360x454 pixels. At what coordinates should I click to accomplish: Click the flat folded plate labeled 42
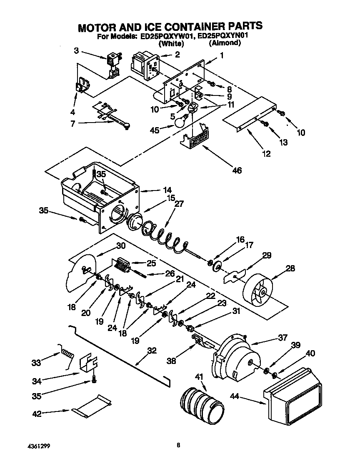click(92, 406)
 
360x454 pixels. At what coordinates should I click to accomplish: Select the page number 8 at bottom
click(178, 445)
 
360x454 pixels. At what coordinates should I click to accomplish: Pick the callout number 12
click(266, 154)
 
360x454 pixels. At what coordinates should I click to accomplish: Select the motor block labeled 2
click(143, 65)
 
